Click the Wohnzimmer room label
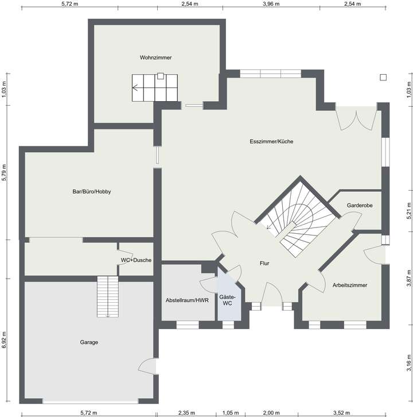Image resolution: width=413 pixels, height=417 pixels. (x=155, y=57)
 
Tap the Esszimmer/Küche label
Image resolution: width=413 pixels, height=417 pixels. (x=271, y=141)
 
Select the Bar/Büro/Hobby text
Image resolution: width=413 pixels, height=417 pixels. (x=88, y=191)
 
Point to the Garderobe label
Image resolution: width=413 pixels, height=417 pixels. (x=360, y=206)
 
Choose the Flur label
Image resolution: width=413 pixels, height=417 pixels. (x=264, y=263)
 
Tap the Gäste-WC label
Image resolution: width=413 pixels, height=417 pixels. (x=228, y=299)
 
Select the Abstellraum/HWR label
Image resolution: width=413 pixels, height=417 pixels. (x=186, y=300)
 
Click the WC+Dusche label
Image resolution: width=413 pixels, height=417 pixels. (x=136, y=260)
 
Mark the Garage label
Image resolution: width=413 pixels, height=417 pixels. (x=89, y=342)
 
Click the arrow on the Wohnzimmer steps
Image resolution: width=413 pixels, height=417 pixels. (x=136, y=88)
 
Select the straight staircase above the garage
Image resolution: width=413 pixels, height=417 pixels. (x=107, y=296)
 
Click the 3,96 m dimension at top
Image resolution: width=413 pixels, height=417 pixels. (x=271, y=3)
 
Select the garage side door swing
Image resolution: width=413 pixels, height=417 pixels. (x=148, y=366)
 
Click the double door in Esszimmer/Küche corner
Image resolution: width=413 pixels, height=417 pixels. (x=357, y=118)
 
